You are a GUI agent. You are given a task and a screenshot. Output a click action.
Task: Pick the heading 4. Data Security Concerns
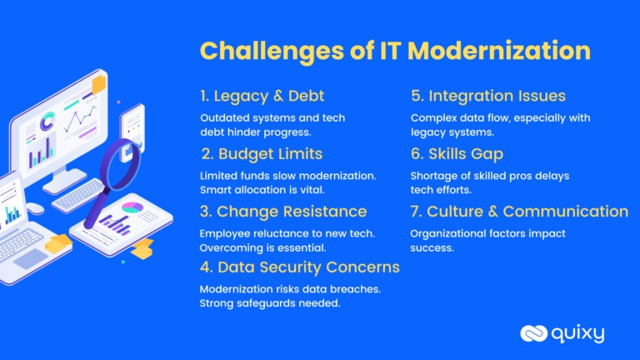coord(300,267)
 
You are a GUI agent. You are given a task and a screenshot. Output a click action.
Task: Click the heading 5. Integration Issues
coord(488,96)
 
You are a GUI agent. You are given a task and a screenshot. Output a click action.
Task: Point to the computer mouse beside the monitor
coord(34,208)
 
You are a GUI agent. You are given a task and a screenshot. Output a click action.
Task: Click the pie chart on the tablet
coord(132,206)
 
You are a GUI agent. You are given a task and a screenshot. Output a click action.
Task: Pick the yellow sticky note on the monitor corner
coord(99,83)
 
